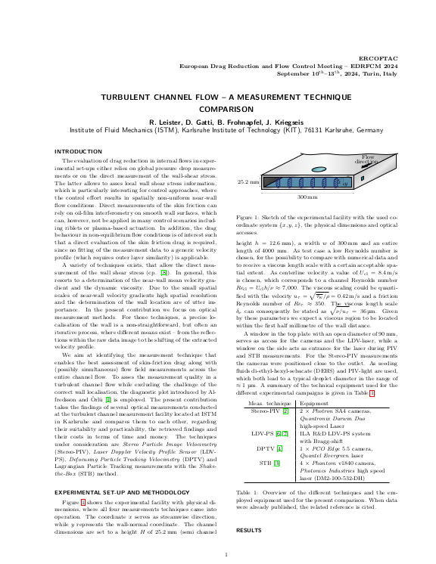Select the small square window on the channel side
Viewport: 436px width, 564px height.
point(344,183)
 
